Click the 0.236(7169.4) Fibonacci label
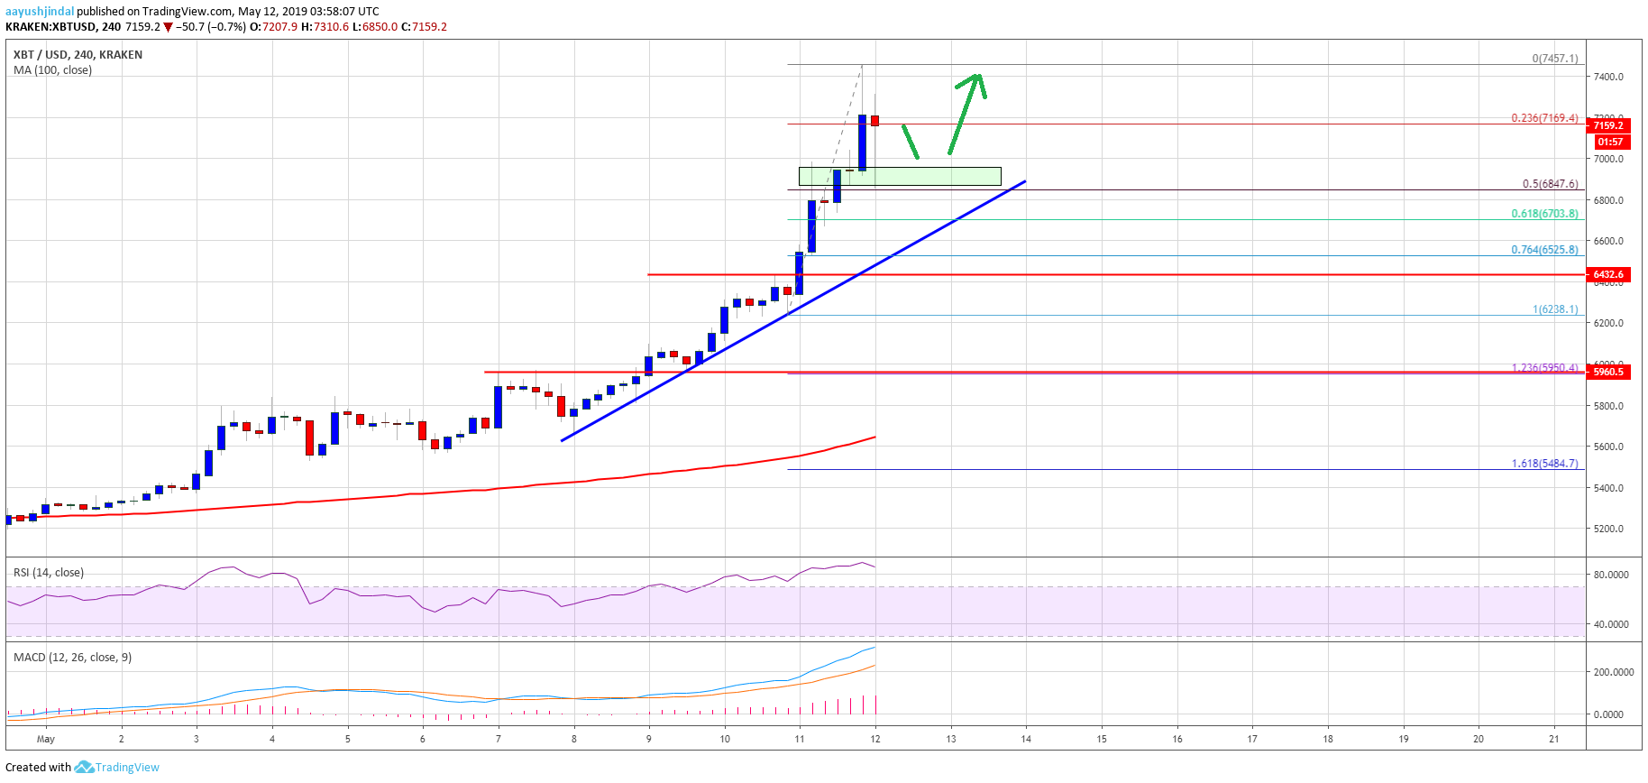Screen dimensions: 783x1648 coord(1544,118)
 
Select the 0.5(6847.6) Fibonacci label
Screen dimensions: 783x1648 coord(1550,184)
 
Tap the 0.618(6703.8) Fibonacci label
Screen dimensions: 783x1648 coord(1544,214)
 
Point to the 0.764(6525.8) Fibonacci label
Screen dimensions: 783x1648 coord(1544,250)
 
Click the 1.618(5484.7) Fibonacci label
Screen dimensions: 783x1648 coord(1544,464)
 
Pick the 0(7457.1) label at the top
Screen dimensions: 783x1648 coord(1554,59)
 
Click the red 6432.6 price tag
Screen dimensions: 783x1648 coord(1607,274)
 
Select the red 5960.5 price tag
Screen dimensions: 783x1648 coord(1607,372)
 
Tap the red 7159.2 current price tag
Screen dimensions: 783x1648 coord(1607,125)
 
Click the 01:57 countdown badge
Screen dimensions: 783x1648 coord(1609,142)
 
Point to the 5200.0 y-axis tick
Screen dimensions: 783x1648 coord(1608,529)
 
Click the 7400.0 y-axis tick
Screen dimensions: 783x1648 coord(1608,77)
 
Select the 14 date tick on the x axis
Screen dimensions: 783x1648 coord(1026,739)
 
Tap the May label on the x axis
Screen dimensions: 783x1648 coord(46,739)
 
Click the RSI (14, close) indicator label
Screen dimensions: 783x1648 coord(49,573)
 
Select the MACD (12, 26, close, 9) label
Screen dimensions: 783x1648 coord(72,658)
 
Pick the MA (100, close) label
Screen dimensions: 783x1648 coord(52,70)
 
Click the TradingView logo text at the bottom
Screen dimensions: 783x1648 coord(127,768)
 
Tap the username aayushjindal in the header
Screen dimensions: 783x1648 coord(40,12)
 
